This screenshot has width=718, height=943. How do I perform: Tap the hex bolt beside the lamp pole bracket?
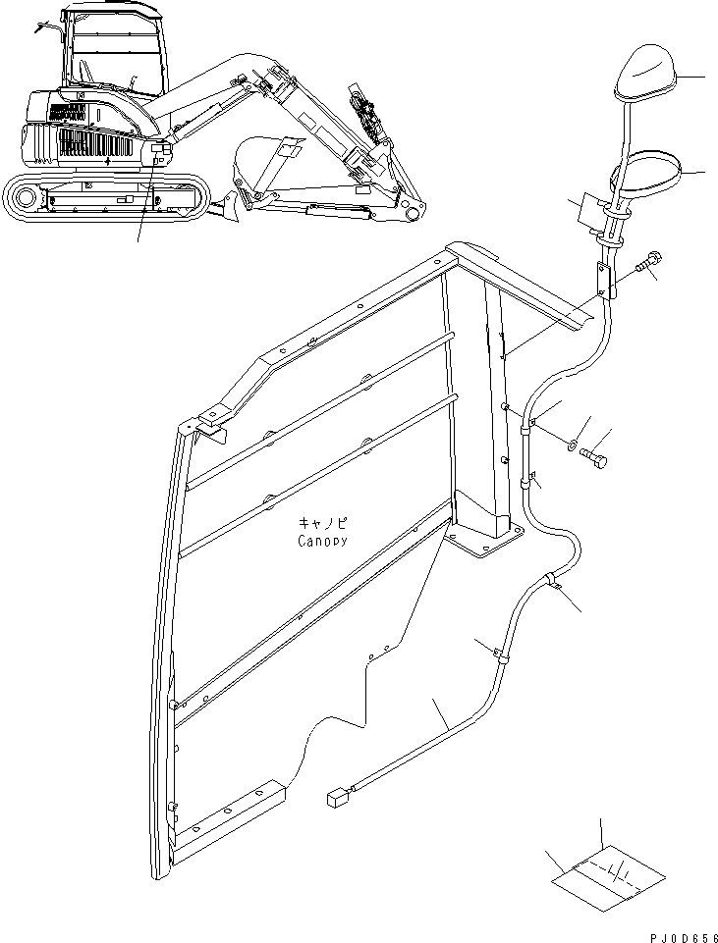click(x=649, y=264)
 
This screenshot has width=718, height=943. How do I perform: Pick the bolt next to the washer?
click(x=595, y=458)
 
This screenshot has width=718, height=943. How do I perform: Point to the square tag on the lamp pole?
click(x=587, y=210)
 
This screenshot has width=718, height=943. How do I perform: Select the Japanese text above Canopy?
click(x=320, y=524)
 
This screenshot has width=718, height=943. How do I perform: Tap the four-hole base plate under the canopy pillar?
click(x=485, y=541)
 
